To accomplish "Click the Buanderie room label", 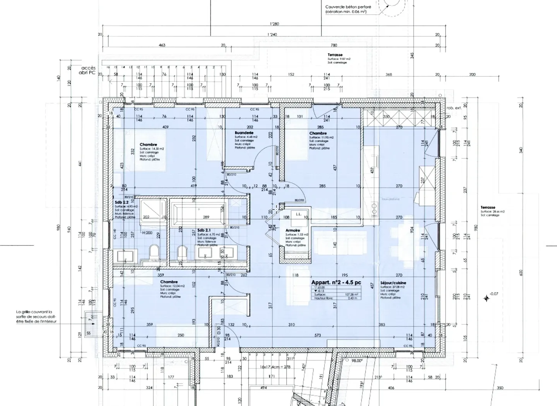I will tap(244, 133).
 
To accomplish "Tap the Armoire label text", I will tap(292, 230).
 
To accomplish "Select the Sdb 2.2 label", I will tap(121, 202).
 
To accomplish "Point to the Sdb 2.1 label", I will tap(204, 230).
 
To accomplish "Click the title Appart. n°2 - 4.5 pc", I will tap(336, 282).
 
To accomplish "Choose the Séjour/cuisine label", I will tap(393, 283).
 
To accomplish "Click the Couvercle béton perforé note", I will tap(348, 7).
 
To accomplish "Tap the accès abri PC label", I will tap(87, 70).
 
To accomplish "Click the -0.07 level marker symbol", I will tap(487, 298).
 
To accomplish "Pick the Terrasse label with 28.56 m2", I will tap(488, 208).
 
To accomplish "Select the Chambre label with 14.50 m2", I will tap(148, 145).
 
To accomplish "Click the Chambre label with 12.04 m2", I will tap(169, 282).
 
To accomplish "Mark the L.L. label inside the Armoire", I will tap(298, 214).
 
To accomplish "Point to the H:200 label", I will tap(147, 233).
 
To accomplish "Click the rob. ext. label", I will tap(454, 108).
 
